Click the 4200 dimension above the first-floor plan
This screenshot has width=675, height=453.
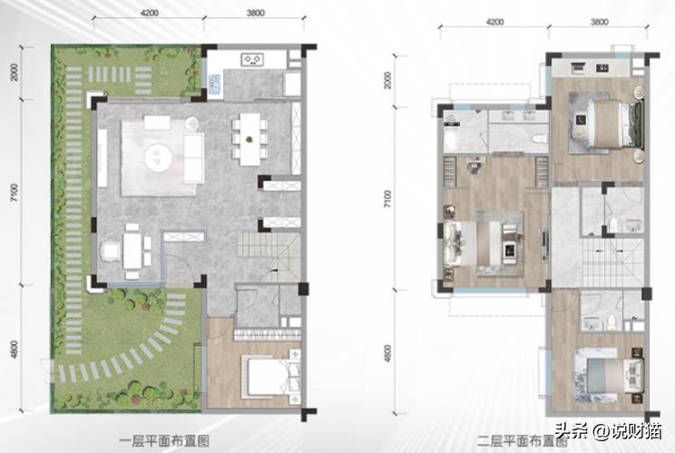click(151, 14)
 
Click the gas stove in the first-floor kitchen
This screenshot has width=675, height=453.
click(251, 62)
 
